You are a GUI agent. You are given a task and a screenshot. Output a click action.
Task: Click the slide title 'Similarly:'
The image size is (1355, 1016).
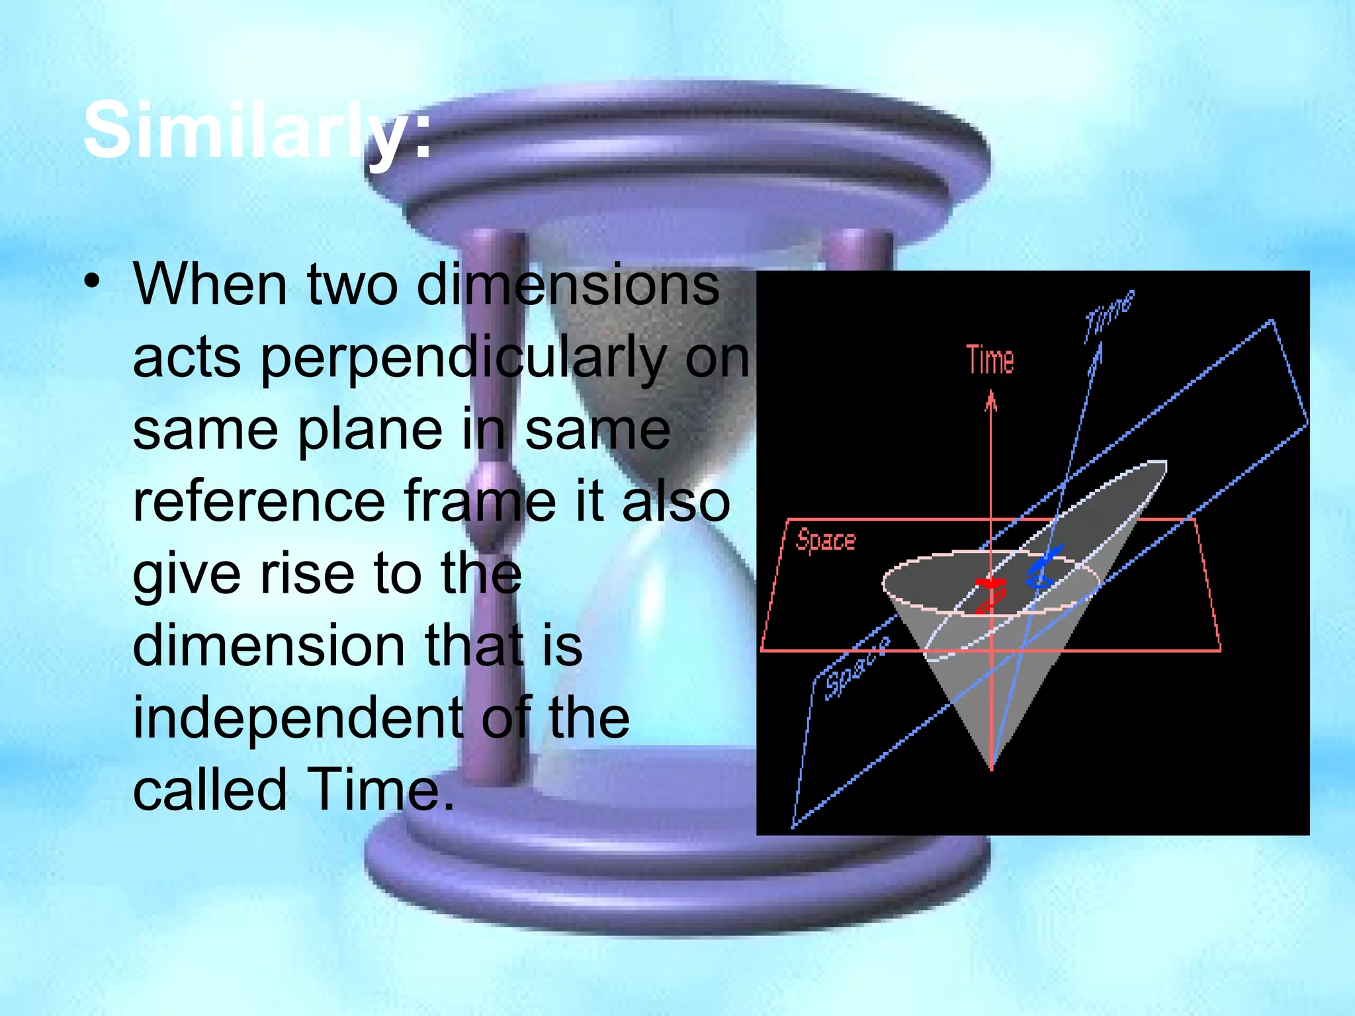click(257, 130)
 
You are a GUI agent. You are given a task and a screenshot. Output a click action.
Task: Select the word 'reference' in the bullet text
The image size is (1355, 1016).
click(258, 501)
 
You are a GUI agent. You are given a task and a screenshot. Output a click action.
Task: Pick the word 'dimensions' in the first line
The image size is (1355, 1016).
click(568, 285)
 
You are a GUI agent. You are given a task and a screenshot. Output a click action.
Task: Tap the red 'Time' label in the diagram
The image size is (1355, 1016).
click(990, 360)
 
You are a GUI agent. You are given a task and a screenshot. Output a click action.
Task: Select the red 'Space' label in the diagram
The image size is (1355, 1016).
click(826, 540)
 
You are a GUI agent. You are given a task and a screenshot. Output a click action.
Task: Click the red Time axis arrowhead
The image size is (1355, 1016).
click(990, 400)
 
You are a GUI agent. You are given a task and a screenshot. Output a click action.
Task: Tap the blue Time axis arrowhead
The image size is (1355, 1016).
click(1097, 354)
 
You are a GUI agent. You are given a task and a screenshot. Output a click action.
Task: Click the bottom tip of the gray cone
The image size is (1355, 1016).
click(991, 767)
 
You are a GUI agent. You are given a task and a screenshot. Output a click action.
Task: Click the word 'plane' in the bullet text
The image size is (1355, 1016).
click(370, 430)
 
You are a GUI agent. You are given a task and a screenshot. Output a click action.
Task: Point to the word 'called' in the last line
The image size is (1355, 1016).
click(210, 790)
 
